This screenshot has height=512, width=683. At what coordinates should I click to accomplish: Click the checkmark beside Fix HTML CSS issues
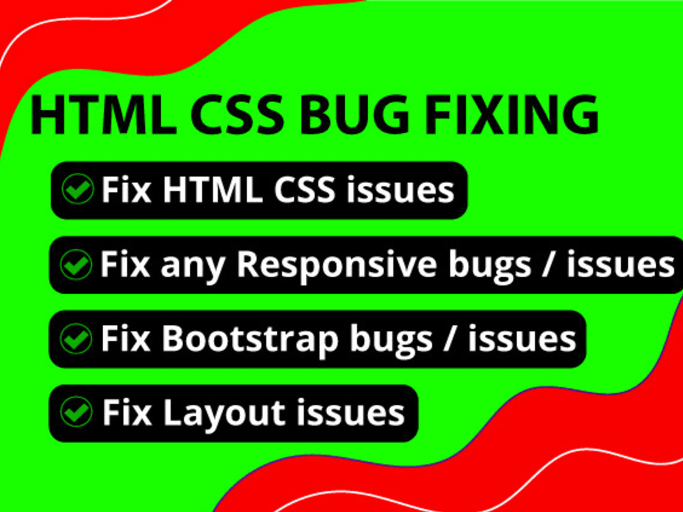click(77, 189)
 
